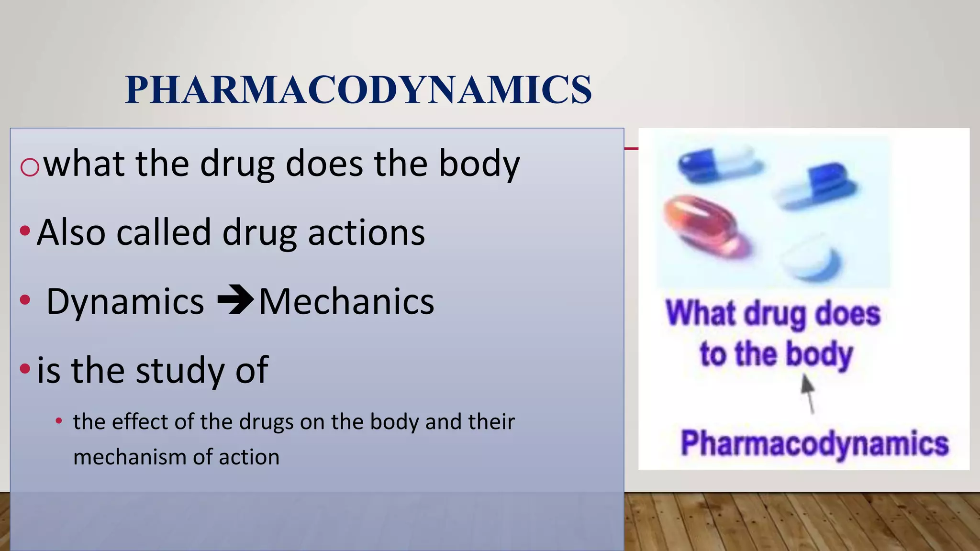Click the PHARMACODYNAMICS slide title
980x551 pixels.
click(x=358, y=89)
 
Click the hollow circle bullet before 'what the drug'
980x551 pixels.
click(x=30, y=167)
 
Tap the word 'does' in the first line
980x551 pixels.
click(x=324, y=163)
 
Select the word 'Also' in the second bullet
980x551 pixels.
click(x=71, y=232)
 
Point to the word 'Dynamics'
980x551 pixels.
click(x=125, y=302)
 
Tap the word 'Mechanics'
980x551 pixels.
click(x=346, y=302)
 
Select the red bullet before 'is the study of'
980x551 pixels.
click(x=25, y=369)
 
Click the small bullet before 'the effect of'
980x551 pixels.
click(x=59, y=421)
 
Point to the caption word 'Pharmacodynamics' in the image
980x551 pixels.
click(x=814, y=443)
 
